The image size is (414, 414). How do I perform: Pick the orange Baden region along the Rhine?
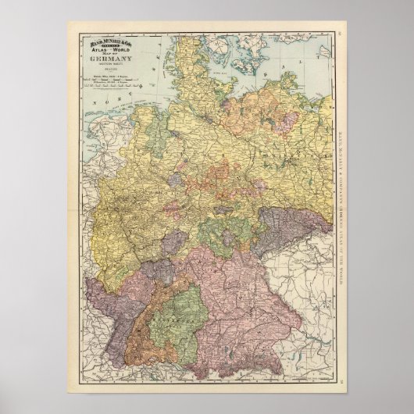(137, 328)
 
